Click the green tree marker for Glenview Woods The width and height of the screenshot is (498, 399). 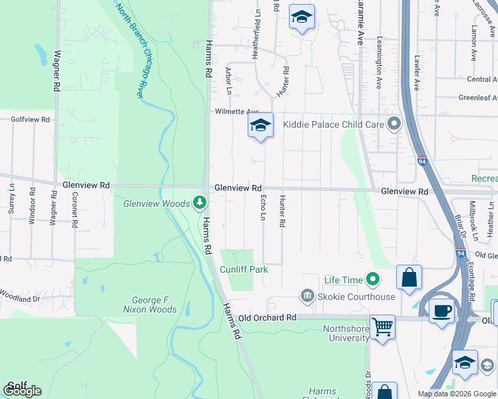pyautogui.click(x=199, y=202)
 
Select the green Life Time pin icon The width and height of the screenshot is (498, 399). pyautogui.click(x=373, y=280)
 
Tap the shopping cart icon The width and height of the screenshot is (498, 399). pyautogui.click(x=383, y=327)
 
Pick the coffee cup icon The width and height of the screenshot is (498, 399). pyautogui.click(x=441, y=311)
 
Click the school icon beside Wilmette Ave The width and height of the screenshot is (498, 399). pyautogui.click(x=260, y=125)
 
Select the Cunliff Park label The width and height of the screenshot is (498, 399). pyautogui.click(x=244, y=269)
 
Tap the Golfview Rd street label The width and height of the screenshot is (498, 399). pyautogui.click(x=31, y=120)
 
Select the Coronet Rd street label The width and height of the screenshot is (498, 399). pyautogui.click(x=75, y=207)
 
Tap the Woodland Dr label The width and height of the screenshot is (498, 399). pyautogui.click(x=20, y=291)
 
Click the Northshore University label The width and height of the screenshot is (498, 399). pyautogui.click(x=346, y=333)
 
